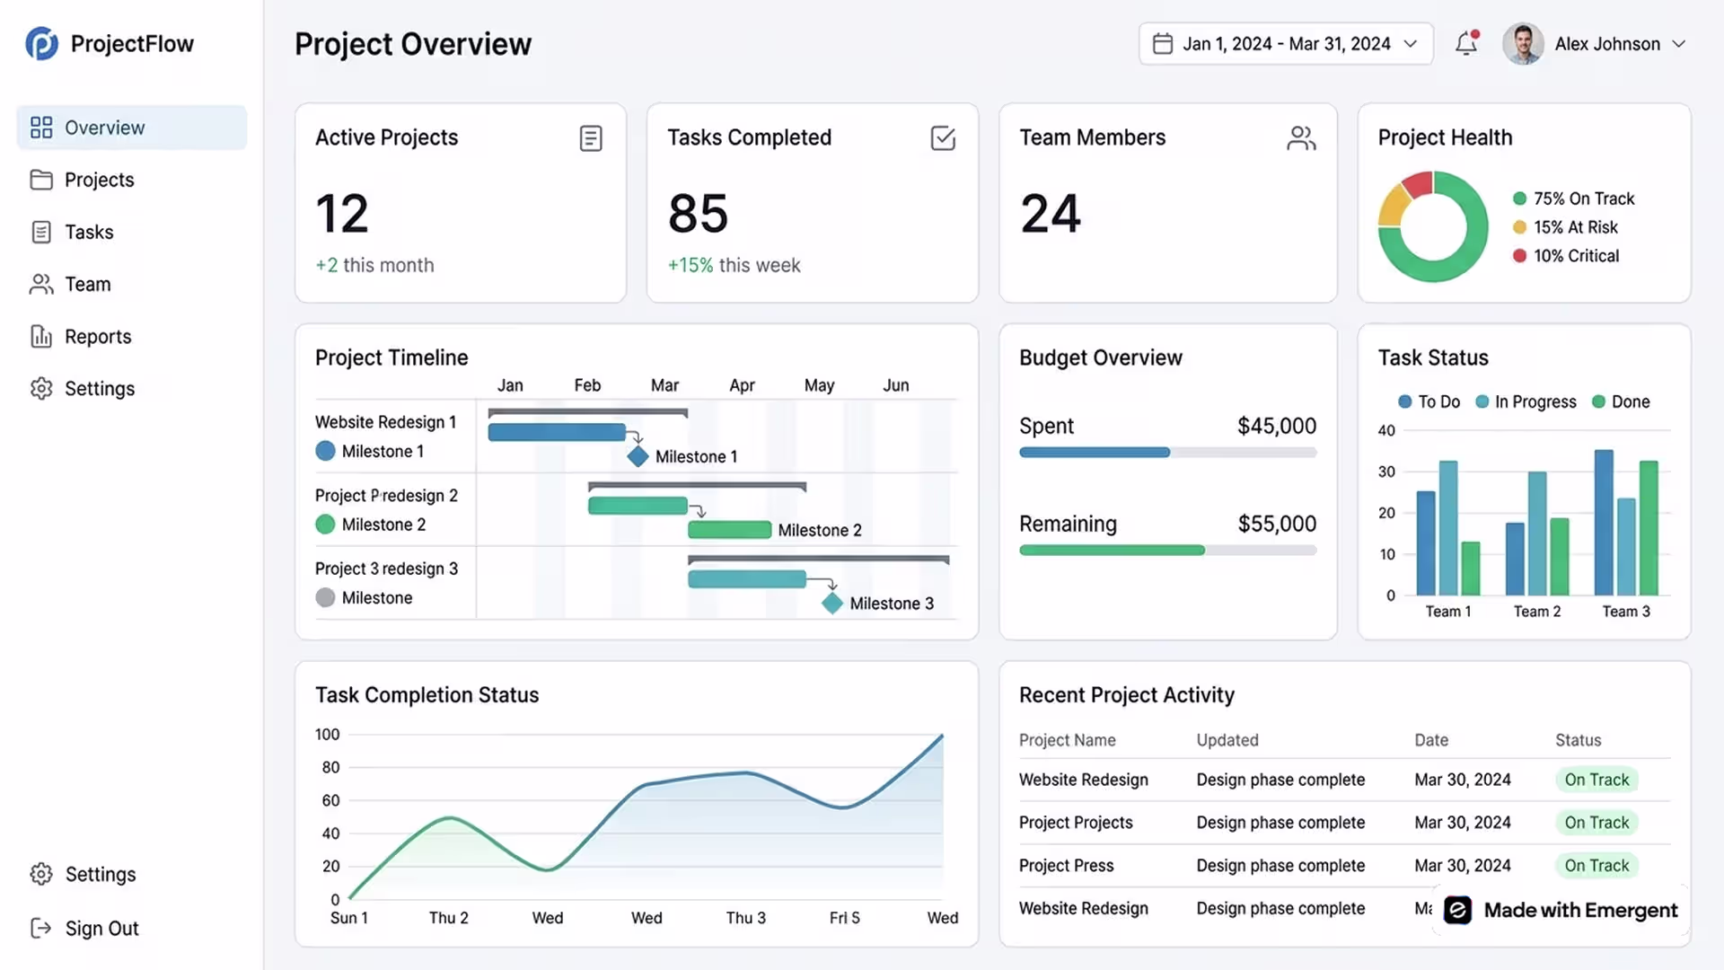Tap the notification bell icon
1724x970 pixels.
(1466, 43)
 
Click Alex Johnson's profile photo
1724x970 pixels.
(1523, 43)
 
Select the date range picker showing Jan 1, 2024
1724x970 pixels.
(1286, 43)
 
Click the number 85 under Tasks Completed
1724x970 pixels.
(698, 214)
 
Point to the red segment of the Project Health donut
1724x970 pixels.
(1417, 184)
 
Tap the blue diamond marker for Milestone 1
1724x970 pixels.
(638, 456)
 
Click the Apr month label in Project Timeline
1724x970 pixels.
(742, 385)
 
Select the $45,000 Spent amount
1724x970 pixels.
(1277, 426)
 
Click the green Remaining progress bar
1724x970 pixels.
(1112, 550)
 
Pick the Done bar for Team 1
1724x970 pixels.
(1470, 568)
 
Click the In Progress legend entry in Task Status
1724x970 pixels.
(1526, 401)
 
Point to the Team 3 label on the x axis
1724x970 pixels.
(1626, 612)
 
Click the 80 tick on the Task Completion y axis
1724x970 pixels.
(330, 767)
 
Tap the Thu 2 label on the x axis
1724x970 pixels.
(448, 918)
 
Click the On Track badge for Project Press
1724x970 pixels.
(1596, 866)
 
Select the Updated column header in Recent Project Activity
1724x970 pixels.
(1227, 740)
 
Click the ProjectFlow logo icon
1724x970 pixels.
(41, 43)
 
